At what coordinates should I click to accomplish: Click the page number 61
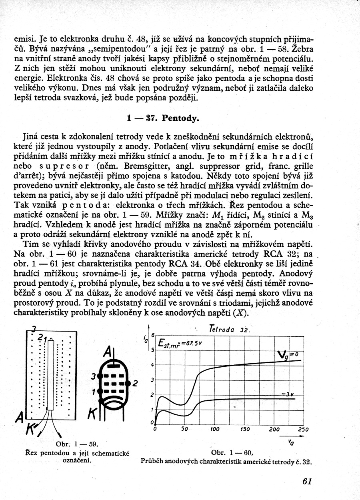307,481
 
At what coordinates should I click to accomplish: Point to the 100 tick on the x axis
215,429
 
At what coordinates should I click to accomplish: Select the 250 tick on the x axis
302,429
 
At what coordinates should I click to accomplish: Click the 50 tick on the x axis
184,429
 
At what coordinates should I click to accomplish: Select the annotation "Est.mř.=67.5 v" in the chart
180,344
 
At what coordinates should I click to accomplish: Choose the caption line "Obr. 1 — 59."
77,444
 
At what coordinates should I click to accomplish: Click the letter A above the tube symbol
107,352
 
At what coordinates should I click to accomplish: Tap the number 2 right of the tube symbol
135,384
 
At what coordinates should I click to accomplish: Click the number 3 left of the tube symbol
93,376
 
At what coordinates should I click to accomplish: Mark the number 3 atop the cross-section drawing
34,329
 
